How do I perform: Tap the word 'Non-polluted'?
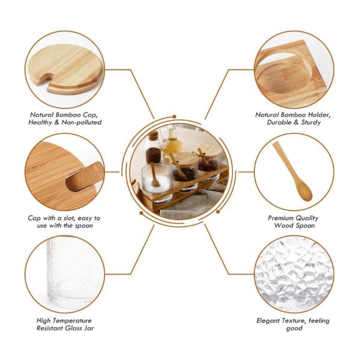click(82, 122)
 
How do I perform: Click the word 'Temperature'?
click(74, 321)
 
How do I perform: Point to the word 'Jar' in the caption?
click(89, 328)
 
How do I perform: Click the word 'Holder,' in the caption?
click(319, 115)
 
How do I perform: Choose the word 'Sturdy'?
click(311, 122)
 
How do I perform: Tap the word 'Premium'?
click(280, 218)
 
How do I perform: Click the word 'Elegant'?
click(268, 320)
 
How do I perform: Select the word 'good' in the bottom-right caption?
click(294, 328)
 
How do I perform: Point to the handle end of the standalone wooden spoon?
click(276, 144)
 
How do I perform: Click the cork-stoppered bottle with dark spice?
click(152, 148)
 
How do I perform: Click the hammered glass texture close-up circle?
click(294, 274)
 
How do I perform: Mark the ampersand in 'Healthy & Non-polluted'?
click(57, 122)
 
